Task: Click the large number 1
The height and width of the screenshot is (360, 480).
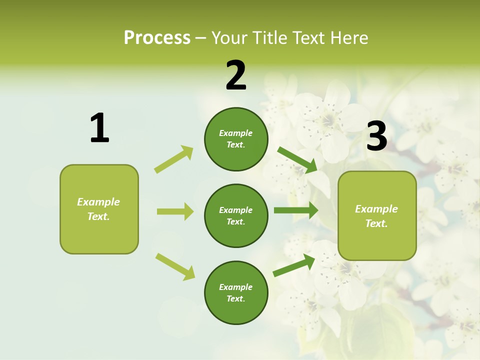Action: (99, 128)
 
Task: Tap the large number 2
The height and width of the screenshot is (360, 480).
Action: (236, 75)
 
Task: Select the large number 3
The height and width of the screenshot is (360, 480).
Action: (376, 136)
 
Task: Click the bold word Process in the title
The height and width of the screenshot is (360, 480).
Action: (157, 37)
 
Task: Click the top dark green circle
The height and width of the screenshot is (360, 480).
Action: (236, 139)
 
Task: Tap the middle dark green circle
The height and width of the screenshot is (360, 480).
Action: (236, 215)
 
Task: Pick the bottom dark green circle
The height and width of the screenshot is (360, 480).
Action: (236, 292)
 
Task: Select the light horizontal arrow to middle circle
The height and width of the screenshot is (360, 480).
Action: (175, 211)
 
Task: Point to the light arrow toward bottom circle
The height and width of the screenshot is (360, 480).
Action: (175, 266)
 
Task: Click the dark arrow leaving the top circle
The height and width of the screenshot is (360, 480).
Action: (297, 159)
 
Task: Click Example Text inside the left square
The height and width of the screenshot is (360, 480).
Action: (98, 209)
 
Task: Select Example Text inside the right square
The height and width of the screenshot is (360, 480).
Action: (376, 216)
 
